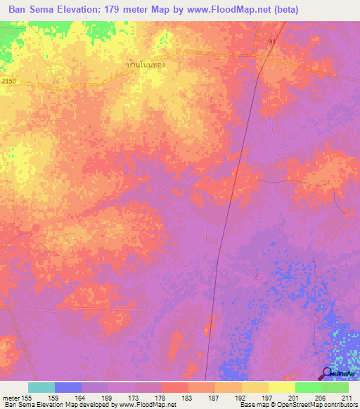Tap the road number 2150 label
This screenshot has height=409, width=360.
(8, 82)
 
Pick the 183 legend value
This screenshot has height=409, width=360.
(186, 398)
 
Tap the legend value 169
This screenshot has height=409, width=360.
(108, 398)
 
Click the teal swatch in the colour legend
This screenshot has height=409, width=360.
(41, 387)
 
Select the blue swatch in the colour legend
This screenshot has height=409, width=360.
(67, 387)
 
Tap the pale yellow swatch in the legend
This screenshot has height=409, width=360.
(281, 387)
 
